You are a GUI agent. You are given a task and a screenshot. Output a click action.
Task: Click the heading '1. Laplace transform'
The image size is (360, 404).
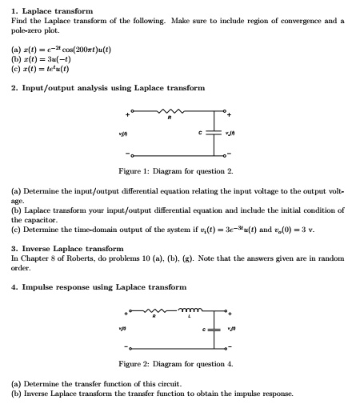[x=46, y=10]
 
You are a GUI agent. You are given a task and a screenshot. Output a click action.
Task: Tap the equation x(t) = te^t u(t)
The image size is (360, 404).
[x=46, y=69]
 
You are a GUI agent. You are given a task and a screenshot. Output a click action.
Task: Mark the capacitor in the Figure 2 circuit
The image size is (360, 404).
[x=214, y=330]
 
